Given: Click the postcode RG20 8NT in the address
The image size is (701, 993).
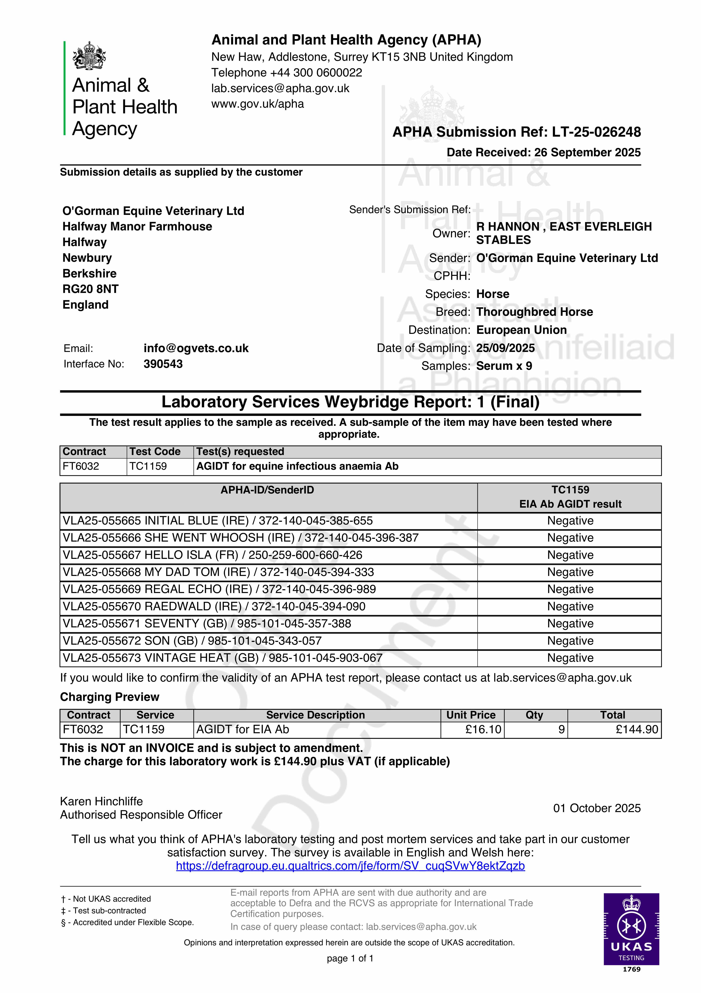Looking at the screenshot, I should (90, 289).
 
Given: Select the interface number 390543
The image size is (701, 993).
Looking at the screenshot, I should (163, 364).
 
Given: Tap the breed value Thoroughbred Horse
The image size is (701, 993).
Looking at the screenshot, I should (534, 312).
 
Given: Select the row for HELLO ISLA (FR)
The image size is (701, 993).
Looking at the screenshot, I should (212, 555).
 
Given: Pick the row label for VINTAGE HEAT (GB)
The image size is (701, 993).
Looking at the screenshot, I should (222, 658).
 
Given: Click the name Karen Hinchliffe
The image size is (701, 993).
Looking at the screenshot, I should (101, 801).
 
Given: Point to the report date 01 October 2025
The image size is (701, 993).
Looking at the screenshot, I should (596, 808).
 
